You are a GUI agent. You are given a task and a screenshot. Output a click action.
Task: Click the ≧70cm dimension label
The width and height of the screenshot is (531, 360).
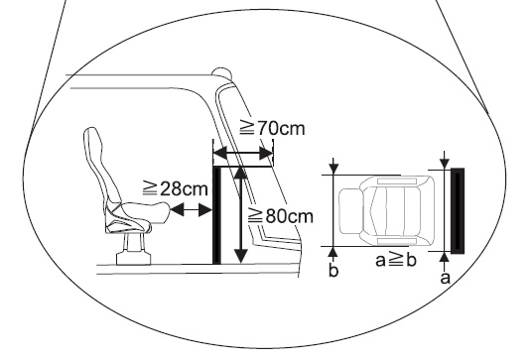pyautogui.click(x=272, y=128)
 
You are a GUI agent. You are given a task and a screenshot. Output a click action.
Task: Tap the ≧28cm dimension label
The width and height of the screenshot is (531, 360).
pyautogui.click(x=176, y=188)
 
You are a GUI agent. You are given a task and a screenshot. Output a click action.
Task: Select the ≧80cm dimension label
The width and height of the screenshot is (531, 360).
pyautogui.click(x=281, y=216)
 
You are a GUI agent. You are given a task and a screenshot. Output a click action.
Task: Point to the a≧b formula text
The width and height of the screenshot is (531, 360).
pyautogui.click(x=396, y=260)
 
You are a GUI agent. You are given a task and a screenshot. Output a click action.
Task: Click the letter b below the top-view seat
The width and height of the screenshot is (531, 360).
pyautogui.click(x=333, y=271)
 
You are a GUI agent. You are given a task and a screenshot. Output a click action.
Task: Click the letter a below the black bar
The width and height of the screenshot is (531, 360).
pyautogui.click(x=446, y=278)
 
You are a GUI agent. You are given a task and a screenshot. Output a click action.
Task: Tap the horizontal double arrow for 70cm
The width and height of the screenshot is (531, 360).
pyautogui.click(x=243, y=154)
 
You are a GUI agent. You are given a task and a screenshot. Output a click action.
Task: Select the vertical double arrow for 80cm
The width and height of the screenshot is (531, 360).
pyautogui.click(x=240, y=215)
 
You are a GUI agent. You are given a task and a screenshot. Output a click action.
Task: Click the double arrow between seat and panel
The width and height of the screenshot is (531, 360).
pyautogui.click(x=191, y=210)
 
